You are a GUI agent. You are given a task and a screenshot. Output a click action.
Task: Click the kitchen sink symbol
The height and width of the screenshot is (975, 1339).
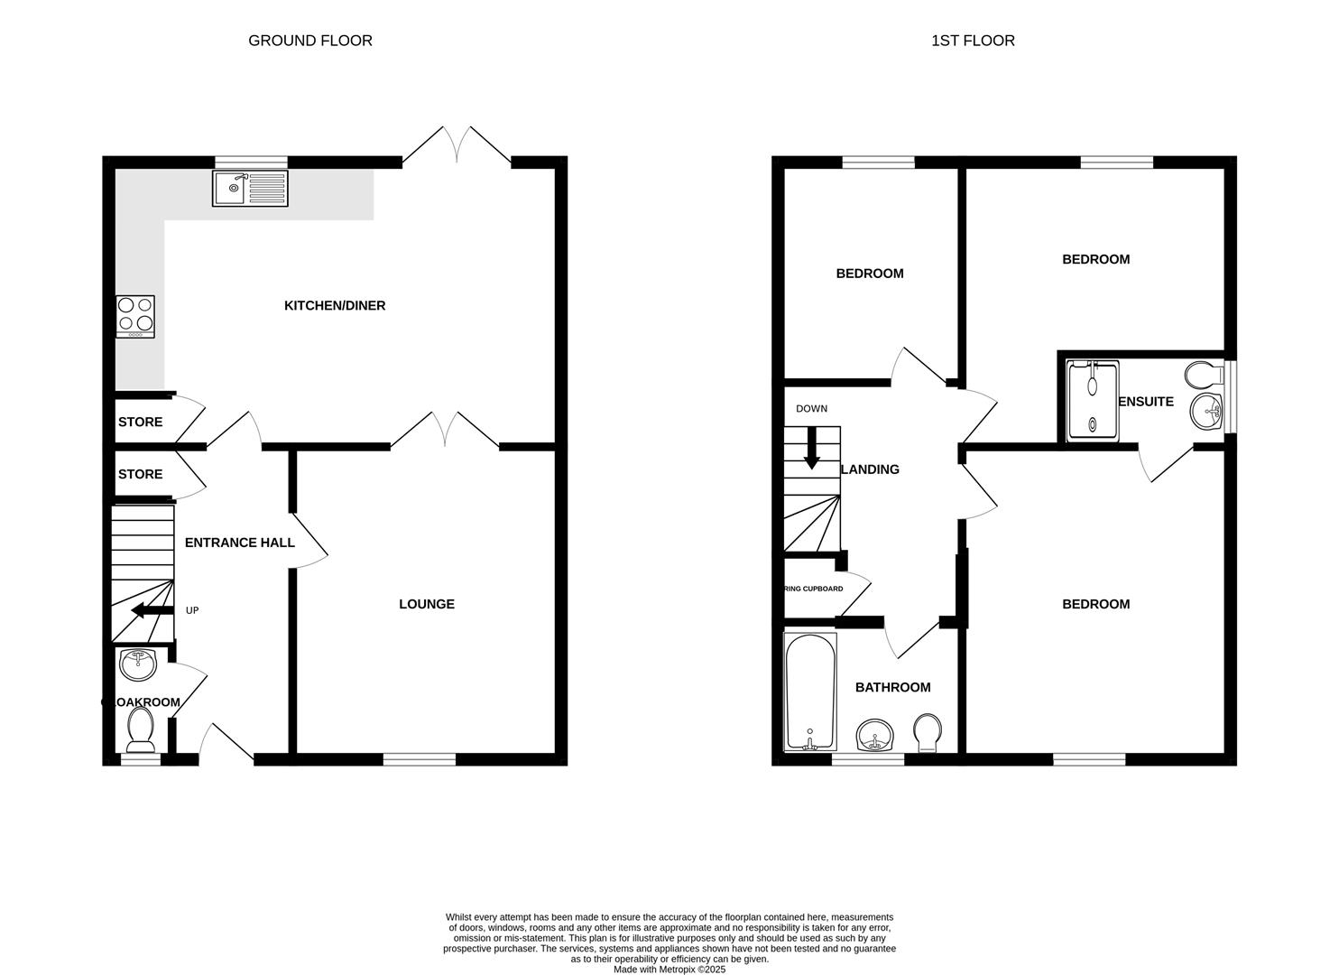[250, 188]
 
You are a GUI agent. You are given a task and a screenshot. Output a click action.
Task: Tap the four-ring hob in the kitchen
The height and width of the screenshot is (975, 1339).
[135, 317]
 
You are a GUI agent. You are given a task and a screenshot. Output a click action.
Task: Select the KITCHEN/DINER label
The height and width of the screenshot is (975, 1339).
[335, 306]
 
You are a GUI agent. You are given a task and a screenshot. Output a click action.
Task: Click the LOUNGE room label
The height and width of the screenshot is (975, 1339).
[427, 604]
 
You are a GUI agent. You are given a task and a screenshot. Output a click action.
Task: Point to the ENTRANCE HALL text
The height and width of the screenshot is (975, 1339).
[239, 543]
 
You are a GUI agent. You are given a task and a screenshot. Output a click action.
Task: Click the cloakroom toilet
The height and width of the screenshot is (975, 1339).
[141, 729]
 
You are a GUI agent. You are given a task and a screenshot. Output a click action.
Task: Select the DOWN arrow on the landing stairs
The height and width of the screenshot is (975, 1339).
[811, 449]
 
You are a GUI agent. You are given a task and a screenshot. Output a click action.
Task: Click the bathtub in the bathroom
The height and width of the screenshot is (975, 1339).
[810, 692]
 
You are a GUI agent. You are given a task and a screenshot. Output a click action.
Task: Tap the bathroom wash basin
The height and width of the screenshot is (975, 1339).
[874, 736]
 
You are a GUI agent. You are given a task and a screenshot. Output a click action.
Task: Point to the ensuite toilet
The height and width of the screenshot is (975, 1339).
[1203, 374]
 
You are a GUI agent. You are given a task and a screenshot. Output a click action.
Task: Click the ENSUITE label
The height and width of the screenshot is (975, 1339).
[1146, 402]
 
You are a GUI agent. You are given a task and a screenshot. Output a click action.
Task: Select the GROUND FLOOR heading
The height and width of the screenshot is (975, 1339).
[310, 41]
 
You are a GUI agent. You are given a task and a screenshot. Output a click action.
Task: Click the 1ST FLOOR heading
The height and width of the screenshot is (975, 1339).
[973, 41]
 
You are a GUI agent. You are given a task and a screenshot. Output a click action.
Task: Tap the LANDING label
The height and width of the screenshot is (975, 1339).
[870, 469]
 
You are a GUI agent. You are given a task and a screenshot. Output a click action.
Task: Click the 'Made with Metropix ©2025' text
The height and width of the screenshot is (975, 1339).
[669, 970]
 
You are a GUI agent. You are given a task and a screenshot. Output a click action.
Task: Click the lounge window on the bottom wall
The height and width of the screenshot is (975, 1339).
[420, 759]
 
